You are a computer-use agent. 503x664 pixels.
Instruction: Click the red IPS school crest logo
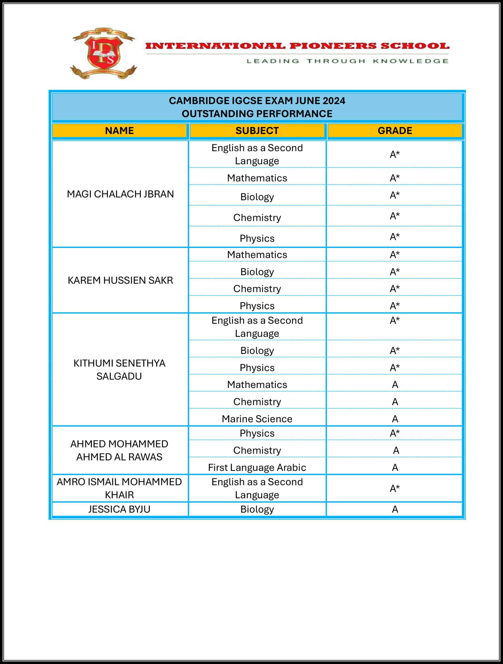coord(103,53)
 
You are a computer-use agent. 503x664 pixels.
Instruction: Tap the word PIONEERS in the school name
coord(333,46)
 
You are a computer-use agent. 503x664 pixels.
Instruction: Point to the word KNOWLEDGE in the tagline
coord(411,61)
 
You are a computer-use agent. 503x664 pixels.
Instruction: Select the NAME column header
coord(119,130)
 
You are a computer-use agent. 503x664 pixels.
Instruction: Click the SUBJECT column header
coord(257,130)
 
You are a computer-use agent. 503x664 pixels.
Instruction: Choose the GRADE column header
coord(395,130)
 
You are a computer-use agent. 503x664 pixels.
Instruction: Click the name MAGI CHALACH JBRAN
coord(120,194)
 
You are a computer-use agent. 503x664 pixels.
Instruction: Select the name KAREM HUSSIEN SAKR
coord(120,280)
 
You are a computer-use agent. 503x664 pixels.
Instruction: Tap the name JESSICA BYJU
coord(119,509)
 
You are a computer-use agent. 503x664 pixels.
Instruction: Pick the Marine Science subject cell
coord(257,419)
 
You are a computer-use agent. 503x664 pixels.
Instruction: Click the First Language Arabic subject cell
coord(257,467)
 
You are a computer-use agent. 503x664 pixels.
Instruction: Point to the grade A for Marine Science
coord(395,419)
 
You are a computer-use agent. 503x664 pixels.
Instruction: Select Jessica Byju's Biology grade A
coord(395,509)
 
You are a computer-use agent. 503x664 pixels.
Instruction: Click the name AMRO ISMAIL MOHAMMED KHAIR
coord(119,488)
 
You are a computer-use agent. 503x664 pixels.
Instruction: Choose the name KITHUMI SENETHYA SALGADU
coord(119,370)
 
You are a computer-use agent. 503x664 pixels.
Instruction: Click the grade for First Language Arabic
coord(395,467)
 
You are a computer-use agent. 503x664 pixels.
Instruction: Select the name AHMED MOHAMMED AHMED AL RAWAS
coord(119,450)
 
